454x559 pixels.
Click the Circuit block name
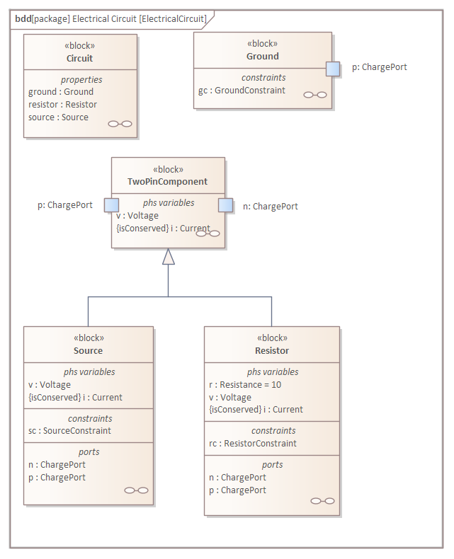[x=79, y=58]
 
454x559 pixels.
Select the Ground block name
[x=263, y=56]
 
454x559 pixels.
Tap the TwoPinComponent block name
[x=167, y=181]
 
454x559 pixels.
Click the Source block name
[x=88, y=350]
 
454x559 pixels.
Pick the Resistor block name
[x=272, y=350]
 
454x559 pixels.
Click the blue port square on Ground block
[x=333, y=69]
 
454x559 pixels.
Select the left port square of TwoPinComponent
[x=111, y=205]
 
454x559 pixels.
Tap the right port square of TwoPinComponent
[x=225, y=205]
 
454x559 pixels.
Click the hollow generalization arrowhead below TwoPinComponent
[x=169, y=257]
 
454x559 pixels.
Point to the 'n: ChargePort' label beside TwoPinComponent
[x=271, y=207]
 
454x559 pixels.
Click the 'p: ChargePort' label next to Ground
[x=380, y=67]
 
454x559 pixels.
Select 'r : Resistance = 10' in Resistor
[x=245, y=385]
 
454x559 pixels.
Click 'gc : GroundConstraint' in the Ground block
[x=242, y=90]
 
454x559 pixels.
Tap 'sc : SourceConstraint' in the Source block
[x=69, y=431]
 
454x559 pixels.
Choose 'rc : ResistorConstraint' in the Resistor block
[x=253, y=443]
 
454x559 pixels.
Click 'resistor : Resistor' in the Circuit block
[x=62, y=105]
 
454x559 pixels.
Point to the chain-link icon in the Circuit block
[x=120, y=124]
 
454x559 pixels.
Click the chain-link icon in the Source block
[x=136, y=490]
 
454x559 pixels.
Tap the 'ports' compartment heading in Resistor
[x=272, y=464]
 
